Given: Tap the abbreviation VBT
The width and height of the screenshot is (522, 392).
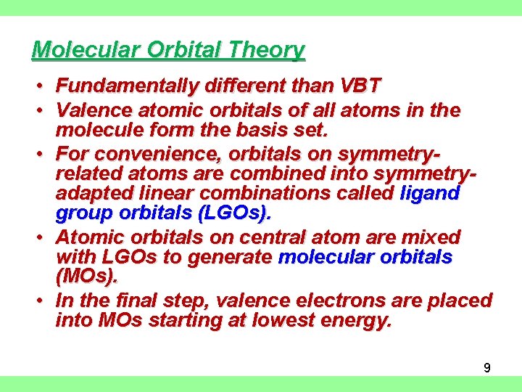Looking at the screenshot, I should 359,86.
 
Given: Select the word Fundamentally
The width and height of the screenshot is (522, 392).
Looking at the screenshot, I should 128,86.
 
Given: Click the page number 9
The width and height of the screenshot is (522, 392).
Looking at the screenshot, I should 487,368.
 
